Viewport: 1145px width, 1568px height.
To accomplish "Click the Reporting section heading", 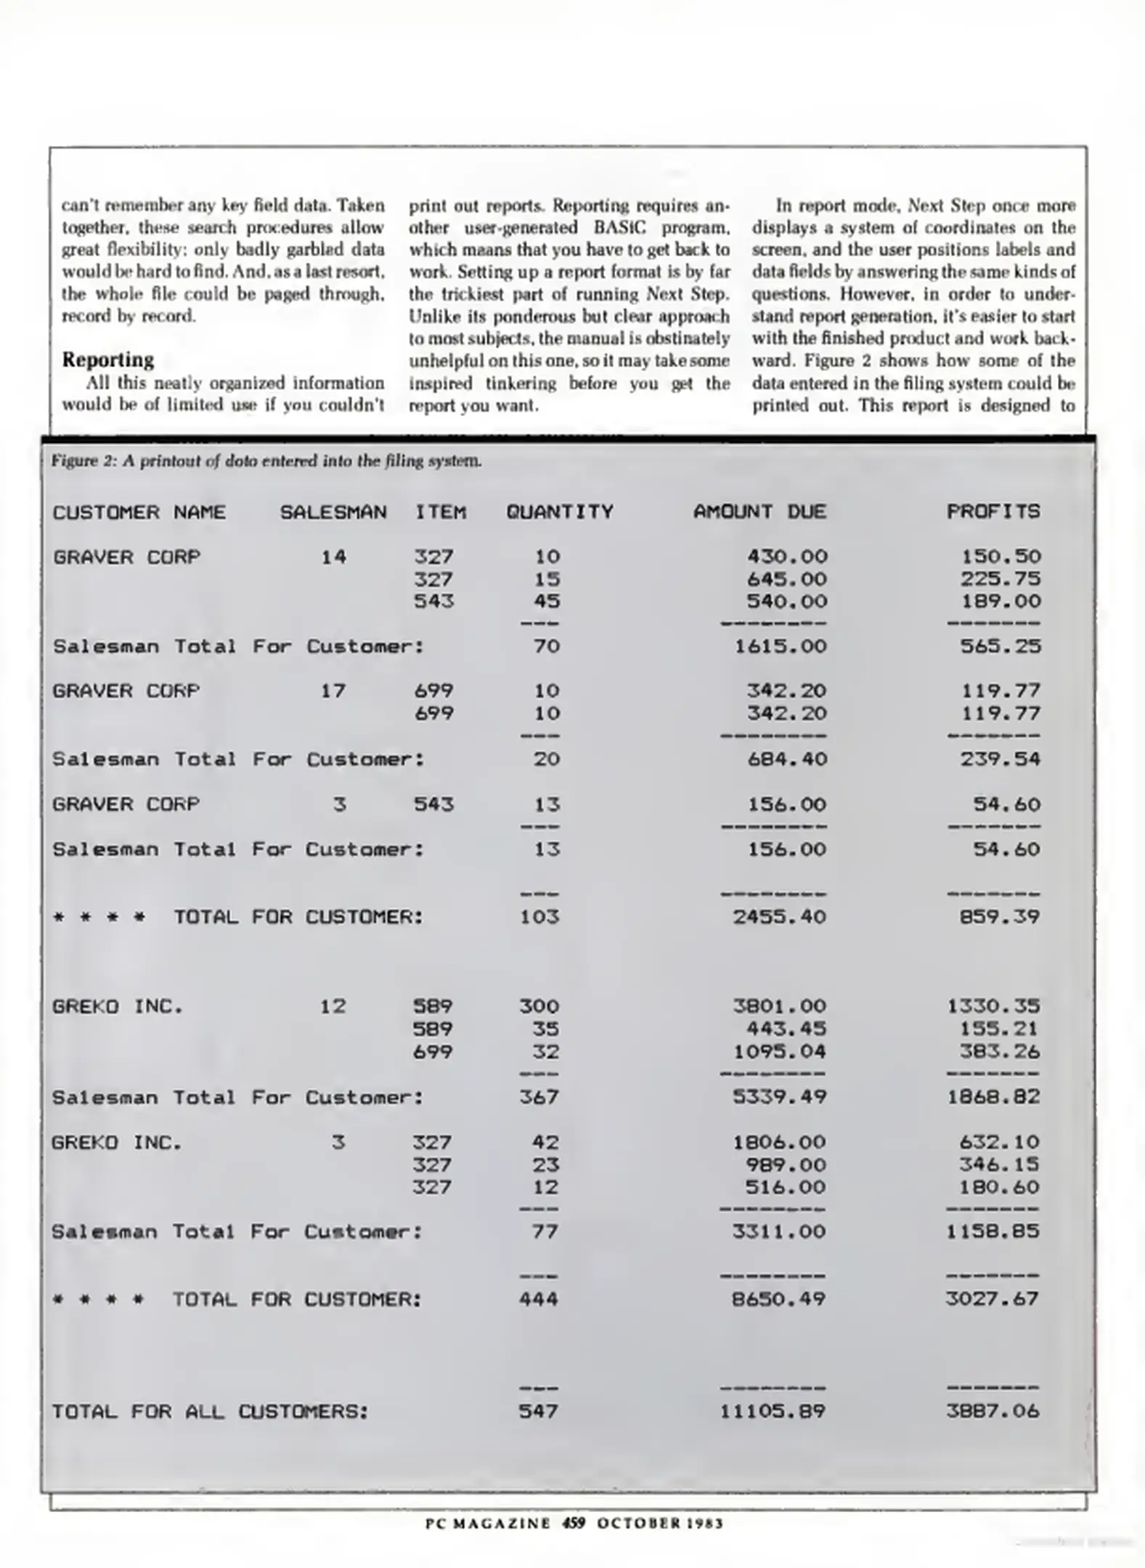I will [x=108, y=360].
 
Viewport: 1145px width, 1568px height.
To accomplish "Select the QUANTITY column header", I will [x=560, y=513].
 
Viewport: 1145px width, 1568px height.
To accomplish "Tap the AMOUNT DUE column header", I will [x=759, y=513].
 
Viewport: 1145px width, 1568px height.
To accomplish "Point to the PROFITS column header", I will [x=993, y=513].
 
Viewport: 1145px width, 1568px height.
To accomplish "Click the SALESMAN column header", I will [x=333, y=513].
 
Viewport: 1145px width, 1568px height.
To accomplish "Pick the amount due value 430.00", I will [x=787, y=557].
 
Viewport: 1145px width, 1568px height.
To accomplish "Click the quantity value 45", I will [x=547, y=602].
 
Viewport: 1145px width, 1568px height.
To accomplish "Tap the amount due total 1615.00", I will [x=781, y=647].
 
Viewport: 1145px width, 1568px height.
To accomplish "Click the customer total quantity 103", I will [x=539, y=917].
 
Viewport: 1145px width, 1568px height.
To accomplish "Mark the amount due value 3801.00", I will [x=779, y=1007].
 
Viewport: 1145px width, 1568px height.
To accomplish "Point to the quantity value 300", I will [x=539, y=1007].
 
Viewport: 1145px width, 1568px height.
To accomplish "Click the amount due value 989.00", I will [x=786, y=1165].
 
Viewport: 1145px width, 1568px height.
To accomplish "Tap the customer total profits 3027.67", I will [x=993, y=1299].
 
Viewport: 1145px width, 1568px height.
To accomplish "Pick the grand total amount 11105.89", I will [x=773, y=1412].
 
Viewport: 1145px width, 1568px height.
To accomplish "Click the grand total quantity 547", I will [x=539, y=1412].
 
